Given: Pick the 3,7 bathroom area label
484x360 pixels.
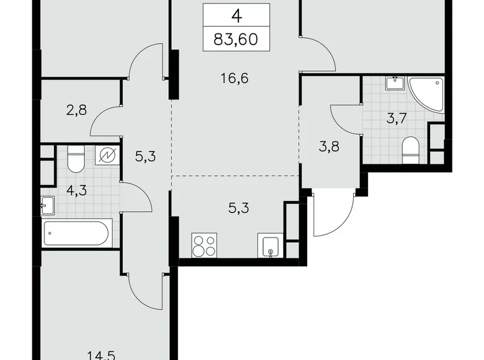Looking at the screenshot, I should coord(397,119).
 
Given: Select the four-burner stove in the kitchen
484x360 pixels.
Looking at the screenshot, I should coord(205,246).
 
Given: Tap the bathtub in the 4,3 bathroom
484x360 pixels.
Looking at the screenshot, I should coord(76,234).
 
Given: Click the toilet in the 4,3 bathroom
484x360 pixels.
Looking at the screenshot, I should coord(75,160).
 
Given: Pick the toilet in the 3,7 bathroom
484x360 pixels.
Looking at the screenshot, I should coord(411,149).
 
